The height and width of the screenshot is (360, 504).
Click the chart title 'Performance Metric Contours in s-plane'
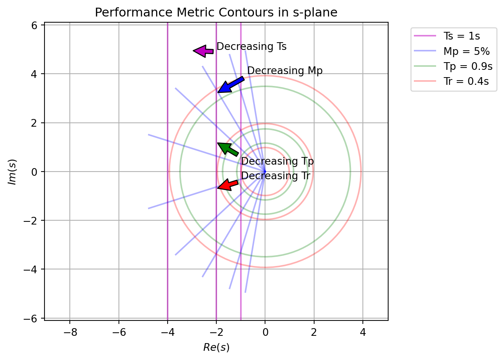tap(216, 13)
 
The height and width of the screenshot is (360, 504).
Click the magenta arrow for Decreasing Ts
tap(203, 51)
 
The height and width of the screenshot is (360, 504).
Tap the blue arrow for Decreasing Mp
tap(230, 85)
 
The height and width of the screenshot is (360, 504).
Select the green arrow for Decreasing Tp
tap(227, 149)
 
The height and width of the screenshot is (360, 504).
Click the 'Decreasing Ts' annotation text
tap(251, 46)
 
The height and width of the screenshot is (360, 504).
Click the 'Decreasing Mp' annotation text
tap(285, 71)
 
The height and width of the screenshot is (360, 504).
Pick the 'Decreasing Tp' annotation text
tap(277, 161)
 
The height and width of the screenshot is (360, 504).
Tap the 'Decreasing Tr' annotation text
tap(276, 176)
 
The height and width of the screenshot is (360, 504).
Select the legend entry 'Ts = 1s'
tap(462, 36)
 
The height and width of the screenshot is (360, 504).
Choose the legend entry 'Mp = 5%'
tap(466, 51)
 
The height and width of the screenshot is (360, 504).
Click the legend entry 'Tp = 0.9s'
tap(468, 66)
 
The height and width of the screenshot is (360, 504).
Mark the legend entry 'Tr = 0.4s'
tap(466, 81)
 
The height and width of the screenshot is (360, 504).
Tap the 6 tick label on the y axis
tap(34, 25)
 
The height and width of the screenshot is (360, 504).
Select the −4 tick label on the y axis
tap(31, 269)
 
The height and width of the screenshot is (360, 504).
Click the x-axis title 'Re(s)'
tap(216, 348)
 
